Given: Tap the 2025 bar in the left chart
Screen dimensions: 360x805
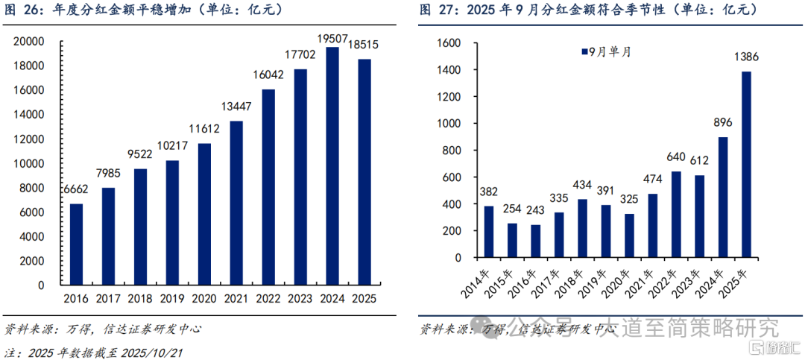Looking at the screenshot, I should (364, 172).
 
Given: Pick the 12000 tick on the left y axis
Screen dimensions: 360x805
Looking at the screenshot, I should (31, 139).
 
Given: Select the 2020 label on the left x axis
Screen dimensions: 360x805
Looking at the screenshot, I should (203, 298).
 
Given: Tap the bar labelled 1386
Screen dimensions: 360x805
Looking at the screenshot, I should (746, 164).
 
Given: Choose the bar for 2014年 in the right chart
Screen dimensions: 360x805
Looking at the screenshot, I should (489, 232).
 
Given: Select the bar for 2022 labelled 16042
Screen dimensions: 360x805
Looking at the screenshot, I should (268, 187).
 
